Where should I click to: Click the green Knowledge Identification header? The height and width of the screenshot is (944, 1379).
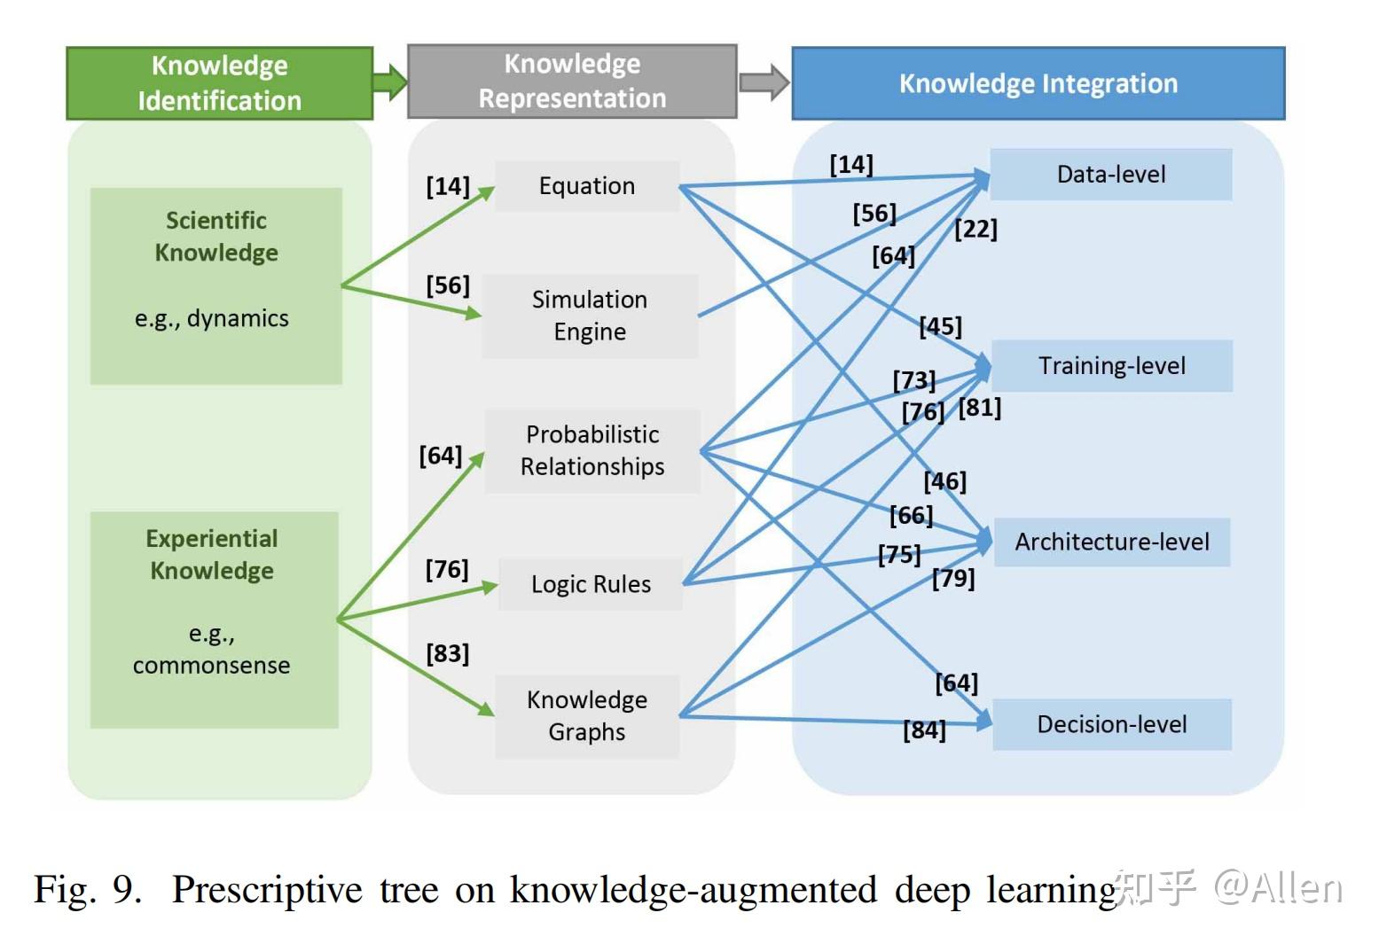point(219,83)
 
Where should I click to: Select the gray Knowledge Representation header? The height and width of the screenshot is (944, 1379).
point(572,82)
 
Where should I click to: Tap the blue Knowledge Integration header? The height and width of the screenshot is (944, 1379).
point(1038,83)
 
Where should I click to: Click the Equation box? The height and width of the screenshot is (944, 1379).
point(587,186)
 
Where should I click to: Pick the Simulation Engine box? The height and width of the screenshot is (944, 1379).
point(590,316)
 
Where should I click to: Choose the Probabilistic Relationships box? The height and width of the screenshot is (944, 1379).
point(592,450)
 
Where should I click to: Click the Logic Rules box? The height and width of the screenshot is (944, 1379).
point(591,584)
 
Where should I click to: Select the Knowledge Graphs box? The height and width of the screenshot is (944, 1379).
point(587,716)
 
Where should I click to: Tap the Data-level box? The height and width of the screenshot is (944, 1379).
point(1110,175)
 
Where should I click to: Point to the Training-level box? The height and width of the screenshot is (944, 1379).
point(1111,366)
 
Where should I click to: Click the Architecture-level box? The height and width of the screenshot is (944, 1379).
point(1111,542)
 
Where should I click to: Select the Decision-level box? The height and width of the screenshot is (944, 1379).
point(1111,725)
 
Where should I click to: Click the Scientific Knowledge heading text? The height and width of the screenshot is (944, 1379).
point(216,237)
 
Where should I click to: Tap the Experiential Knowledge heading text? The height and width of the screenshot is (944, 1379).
point(212,555)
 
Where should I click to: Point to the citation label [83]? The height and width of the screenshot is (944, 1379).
point(447,654)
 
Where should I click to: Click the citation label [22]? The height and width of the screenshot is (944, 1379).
point(975,230)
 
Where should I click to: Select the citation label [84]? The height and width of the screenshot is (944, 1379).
point(924,730)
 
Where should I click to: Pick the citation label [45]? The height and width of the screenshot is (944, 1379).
point(940,327)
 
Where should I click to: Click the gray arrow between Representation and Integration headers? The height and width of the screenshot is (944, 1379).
point(764,82)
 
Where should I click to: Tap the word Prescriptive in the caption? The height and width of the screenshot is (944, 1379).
point(267,889)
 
